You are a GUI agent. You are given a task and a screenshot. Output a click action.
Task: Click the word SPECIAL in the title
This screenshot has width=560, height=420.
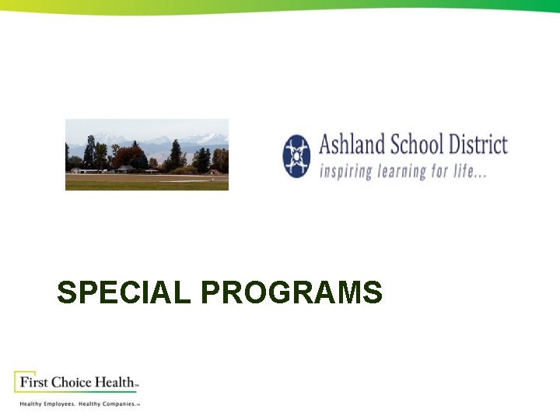coord(124,293)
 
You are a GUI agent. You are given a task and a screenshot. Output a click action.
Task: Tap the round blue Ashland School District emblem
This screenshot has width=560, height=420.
coord(296,156)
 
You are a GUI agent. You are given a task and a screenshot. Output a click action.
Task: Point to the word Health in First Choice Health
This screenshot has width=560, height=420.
coord(114,382)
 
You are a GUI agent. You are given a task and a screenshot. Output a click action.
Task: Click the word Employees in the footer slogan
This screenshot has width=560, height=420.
coord(59,404)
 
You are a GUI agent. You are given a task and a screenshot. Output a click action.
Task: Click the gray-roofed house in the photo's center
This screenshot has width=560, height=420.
coord(124,168)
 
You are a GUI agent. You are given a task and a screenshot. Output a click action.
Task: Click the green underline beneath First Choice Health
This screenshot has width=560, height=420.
coord(78,392)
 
